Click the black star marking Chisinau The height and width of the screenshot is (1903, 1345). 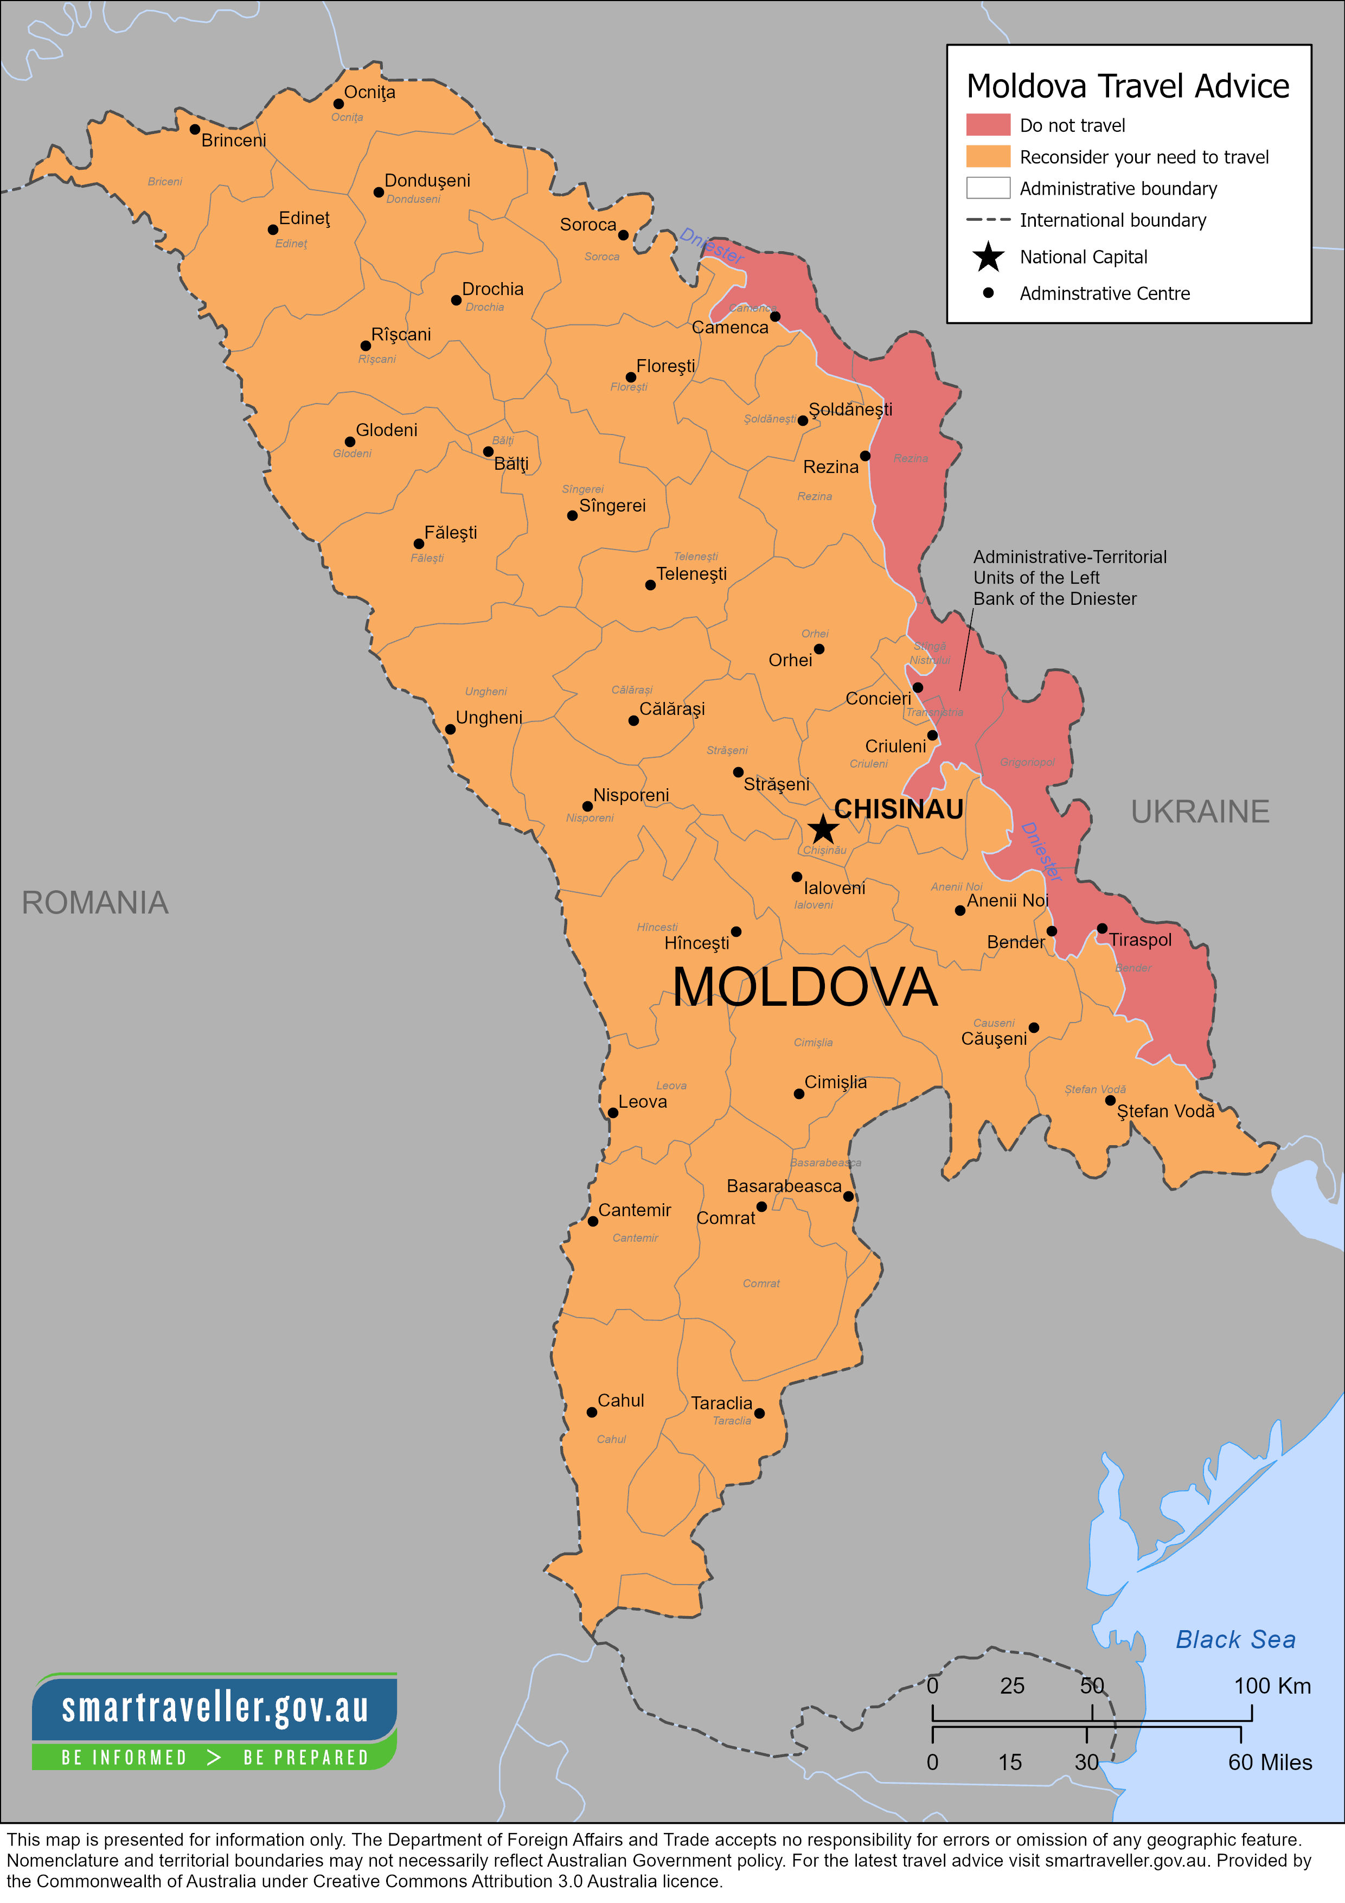pyautogui.click(x=822, y=828)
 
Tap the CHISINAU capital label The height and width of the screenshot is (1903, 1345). pyautogui.click(x=898, y=809)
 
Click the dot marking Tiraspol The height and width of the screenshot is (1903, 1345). pyautogui.click(x=1101, y=928)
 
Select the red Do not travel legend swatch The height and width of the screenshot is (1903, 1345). pyautogui.click(x=988, y=125)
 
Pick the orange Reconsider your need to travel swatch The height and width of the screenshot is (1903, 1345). pyautogui.click(x=988, y=157)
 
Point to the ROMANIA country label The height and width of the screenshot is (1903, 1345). pyautogui.click(x=94, y=903)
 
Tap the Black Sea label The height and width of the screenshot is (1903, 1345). pyautogui.click(x=1235, y=1639)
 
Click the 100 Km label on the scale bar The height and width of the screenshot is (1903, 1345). pyautogui.click(x=1272, y=1686)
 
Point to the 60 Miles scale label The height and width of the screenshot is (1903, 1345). pyautogui.click(x=1270, y=1762)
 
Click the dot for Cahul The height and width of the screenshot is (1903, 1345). pyautogui.click(x=592, y=1412)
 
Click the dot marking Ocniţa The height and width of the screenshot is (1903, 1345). pyautogui.click(x=338, y=104)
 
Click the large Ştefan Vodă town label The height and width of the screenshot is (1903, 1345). pyautogui.click(x=1165, y=1112)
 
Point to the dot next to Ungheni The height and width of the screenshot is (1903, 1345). pyautogui.click(x=450, y=730)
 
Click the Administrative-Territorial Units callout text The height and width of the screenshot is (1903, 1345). pyautogui.click(x=1068, y=578)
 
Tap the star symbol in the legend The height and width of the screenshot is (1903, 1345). pyautogui.click(x=988, y=257)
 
